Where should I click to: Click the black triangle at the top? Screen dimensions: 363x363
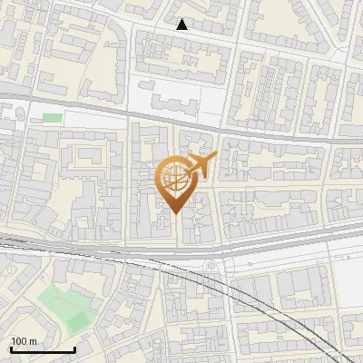click(x=181, y=25)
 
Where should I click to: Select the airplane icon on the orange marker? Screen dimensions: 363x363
click(x=201, y=164)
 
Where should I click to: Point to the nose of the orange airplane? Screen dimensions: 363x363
click(x=215, y=157)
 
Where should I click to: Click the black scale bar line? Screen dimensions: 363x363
click(x=43, y=349)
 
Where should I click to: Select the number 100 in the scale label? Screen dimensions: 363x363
click(x=20, y=341)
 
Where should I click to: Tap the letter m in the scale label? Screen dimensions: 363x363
click(x=34, y=341)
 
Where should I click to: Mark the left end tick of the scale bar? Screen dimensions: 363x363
click(x=11, y=348)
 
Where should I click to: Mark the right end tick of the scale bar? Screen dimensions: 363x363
click(x=74, y=348)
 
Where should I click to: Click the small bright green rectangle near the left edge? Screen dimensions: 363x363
click(x=53, y=118)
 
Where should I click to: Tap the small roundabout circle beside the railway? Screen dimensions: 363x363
click(x=211, y=265)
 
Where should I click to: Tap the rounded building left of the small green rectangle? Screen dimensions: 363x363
click(x=13, y=115)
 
